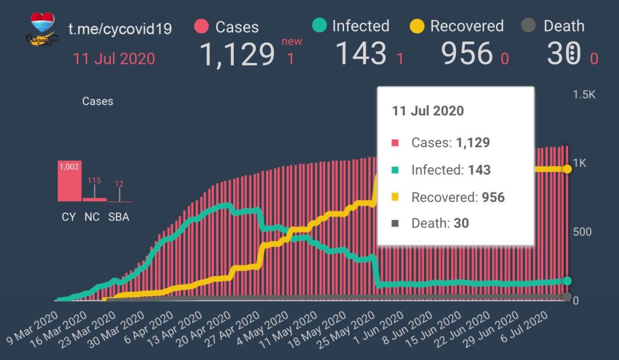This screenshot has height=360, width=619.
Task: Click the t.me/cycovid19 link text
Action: tap(120, 29)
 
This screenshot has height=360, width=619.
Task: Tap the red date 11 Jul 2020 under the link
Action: tap(114, 58)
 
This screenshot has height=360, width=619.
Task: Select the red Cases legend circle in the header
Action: tap(201, 27)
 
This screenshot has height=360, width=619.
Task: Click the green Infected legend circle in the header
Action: tap(319, 26)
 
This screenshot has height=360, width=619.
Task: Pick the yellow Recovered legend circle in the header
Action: tap(417, 26)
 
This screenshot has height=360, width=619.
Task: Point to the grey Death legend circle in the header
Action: tap(529, 26)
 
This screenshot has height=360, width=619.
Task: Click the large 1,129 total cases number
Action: tap(237, 54)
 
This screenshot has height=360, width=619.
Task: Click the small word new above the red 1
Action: tap(292, 41)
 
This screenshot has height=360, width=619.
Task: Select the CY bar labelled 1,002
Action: tap(69, 181)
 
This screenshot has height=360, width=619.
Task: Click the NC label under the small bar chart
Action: tap(92, 217)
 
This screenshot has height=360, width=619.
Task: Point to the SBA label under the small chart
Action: tap(119, 217)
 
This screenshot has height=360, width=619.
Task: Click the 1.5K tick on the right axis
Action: tap(584, 94)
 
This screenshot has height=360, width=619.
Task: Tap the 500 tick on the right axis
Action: tap(582, 231)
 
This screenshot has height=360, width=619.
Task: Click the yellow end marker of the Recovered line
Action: tap(567, 169)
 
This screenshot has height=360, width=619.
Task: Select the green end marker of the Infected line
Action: tap(567, 281)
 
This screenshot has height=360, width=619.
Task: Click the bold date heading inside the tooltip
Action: tap(427, 111)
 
